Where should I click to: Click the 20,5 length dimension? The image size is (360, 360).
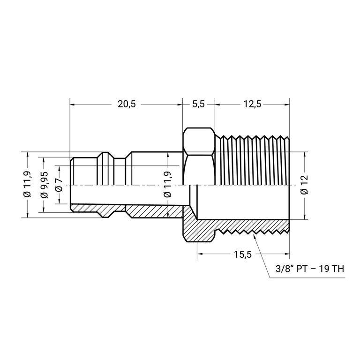[127, 104]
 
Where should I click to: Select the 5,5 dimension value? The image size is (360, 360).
[198, 104]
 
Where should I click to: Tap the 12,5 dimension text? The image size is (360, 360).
[252, 104]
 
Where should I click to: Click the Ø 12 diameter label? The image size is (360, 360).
[304, 185]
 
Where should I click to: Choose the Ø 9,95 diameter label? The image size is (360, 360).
[45, 185]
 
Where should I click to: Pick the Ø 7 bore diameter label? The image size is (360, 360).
[59, 185]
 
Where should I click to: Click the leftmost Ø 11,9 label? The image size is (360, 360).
[27, 185]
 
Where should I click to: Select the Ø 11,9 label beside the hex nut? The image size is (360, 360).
[168, 185]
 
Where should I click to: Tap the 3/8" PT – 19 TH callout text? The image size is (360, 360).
[310, 269]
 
